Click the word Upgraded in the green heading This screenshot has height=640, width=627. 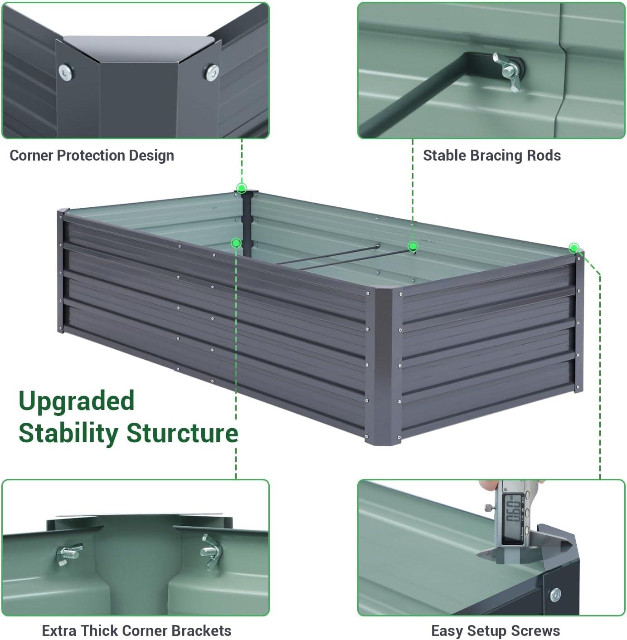(76, 401)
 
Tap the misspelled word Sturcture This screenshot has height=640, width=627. (182, 433)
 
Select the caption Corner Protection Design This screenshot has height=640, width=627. (92, 156)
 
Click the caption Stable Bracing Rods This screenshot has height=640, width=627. (491, 156)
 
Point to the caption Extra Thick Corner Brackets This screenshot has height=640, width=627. (136, 630)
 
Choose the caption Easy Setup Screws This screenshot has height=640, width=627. (495, 630)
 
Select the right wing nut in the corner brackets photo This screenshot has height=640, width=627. (211, 551)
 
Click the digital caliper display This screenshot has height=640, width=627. (514, 511)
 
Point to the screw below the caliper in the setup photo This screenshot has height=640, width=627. (555, 594)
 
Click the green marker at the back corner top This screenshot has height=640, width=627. (242, 188)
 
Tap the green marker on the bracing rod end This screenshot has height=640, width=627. (413, 246)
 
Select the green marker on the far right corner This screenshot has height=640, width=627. (574, 248)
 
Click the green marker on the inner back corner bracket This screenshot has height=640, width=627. (236, 243)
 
